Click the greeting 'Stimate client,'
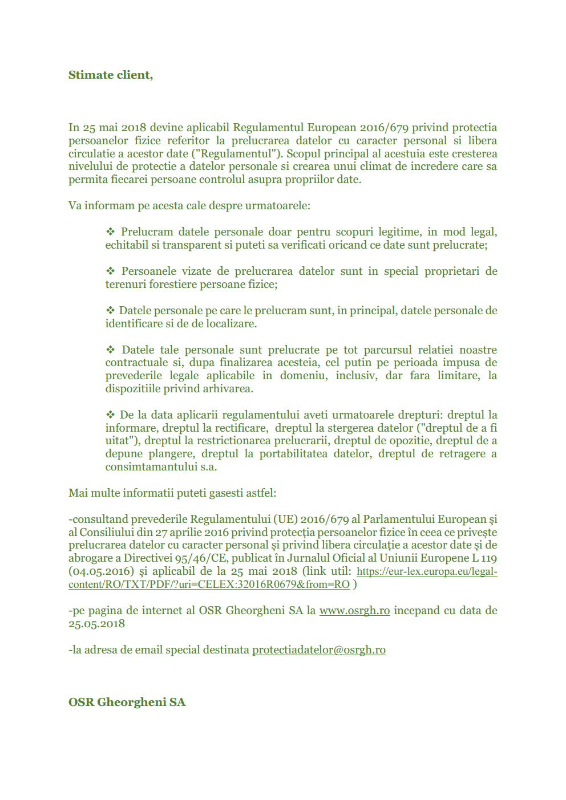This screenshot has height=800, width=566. click(x=111, y=75)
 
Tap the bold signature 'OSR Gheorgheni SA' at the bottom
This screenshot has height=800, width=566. click(x=127, y=702)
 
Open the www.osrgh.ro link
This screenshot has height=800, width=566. click(x=354, y=611)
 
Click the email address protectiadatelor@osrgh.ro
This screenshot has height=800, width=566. click(x=319, y=650)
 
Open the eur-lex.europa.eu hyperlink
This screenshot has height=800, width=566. click(x=427, y=571)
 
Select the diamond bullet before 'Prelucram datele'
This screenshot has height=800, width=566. click(x=110, y=232)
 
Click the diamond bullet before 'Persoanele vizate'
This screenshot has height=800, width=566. click(x=110, y=271)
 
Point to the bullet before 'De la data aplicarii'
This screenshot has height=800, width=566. click(x=110, y=415)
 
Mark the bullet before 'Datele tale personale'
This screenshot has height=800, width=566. click(x=110, y=350)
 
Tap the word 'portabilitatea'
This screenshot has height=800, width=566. click(x=293, y=454)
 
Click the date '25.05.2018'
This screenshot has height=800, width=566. click(x=96, y=624)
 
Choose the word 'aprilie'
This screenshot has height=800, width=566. click(x=189, y=533)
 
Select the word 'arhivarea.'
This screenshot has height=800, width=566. click(x=228, y=389)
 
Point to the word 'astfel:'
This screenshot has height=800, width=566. click(x=261, y=493)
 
